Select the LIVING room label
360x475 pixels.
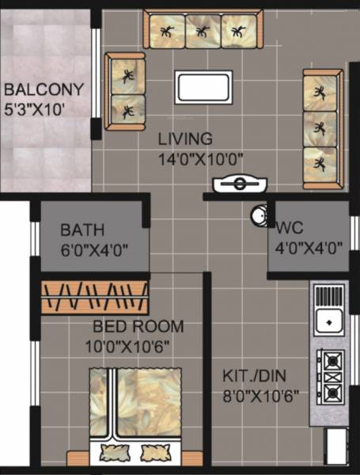click(x=184, y=139)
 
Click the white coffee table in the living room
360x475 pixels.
click(x=204, y=87)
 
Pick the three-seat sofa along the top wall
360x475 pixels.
click(x=203, y=31)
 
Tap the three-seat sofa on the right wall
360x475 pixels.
click(x=321, y=129)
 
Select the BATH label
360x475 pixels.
click(x=83, y=231)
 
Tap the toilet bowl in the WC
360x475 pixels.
click(x=258, y=215)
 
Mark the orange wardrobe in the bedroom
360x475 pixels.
click(x=95, y=298)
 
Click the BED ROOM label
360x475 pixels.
click(x=138, y=326)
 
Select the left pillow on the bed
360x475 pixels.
click(x=110, y=452)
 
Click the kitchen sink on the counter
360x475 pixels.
click(x=327, y=321)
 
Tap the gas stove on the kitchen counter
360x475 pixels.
click(x=331, y=378)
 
